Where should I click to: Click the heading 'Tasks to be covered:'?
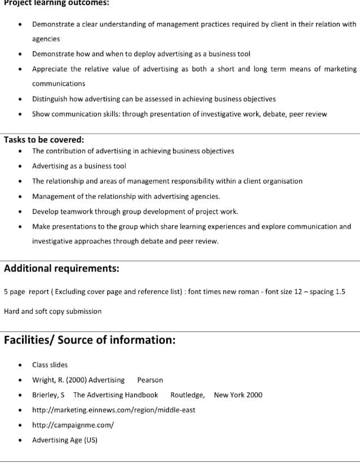[x=44, y=140]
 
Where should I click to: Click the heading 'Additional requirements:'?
[x=61, y=268]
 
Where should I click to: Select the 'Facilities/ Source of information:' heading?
[x=90, y=340]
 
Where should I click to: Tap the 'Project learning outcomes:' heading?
[x=56, y=3]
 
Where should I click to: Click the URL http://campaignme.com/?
[x=73, y=425]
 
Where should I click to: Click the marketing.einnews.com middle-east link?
[x=113, y=410]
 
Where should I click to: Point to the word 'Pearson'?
[x=150, y=380]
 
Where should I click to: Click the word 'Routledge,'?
[x=188, y=395]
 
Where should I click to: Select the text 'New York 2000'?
[x=238, y=395]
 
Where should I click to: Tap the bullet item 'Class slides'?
[x=50, y=364]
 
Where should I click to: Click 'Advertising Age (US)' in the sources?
[x=64, y=440]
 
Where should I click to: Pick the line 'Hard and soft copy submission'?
[x=52, y=311]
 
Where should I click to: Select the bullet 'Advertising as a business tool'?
[x=79, y=166]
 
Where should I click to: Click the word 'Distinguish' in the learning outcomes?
[x=48, y=99]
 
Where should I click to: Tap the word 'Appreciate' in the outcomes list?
[x=49, y=69]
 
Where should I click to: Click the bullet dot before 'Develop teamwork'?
[x=21, y=212]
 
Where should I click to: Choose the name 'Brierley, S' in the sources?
[x=48, y=395]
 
